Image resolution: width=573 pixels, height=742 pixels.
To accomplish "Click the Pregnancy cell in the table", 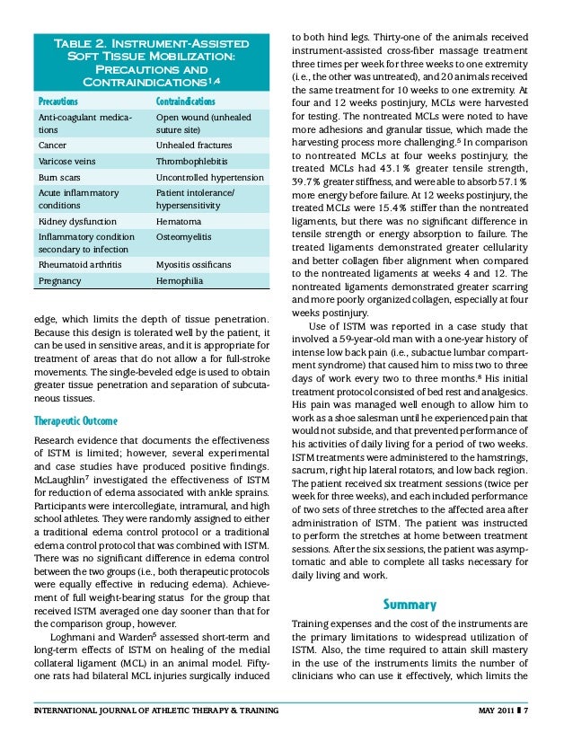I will point(57,280).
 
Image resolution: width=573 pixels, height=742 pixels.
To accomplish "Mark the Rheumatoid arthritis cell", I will point(76,264).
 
